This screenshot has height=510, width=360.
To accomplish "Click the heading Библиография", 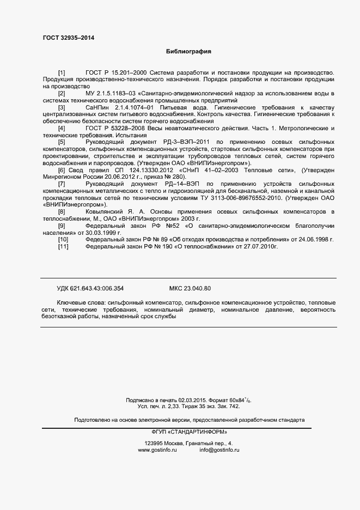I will pyautogui.click(x=188, y=52).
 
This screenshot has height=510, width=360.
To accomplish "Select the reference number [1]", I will pyautogui.click(x=62, y=72).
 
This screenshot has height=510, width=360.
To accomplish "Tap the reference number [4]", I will pyautogui.click(x=62, y=128).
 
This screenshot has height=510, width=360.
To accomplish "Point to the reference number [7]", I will pyautogui.click(x=62, y=184).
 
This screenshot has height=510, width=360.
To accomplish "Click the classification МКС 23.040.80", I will pyautogui.click(x=190, y=288).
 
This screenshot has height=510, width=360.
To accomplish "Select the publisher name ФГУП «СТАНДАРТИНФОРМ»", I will pyautogui.click(x=189, y=432).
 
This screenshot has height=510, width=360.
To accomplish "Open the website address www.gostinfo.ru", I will pyautogui.click(x=157, y=450).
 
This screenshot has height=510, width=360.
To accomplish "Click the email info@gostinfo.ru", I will pyautogui.click(x=219, y=450).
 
